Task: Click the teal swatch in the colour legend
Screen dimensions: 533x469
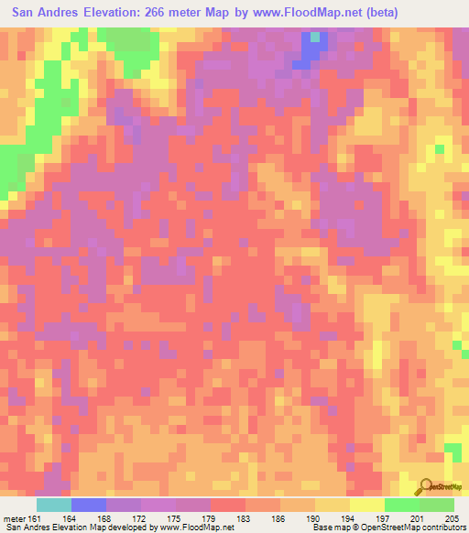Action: [54, 504]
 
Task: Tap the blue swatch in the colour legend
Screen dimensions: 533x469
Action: [89, 504]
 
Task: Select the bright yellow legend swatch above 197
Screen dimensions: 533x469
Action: [367, 504]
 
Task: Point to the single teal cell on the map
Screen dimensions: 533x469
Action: [317, 38]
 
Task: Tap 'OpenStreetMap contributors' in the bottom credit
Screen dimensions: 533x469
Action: [416, 528]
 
